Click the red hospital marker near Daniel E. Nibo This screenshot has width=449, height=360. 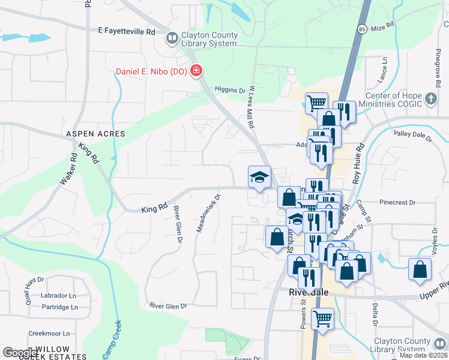[x=196, y=72]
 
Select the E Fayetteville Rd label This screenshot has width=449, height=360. [x=127, y=31]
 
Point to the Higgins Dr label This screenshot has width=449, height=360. [x=235, y=91]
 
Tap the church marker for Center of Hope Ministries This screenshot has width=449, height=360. [x=430, y=98]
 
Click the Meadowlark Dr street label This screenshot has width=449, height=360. [x=209, y=212]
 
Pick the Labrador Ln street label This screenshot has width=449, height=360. [x=58, y=296]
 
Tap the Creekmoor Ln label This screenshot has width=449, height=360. [x=50, y=334]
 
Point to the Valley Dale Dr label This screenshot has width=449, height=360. [x=412, y=136]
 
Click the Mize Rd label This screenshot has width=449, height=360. [x=382, y=28]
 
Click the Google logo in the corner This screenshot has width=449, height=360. [x=20, y=352]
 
